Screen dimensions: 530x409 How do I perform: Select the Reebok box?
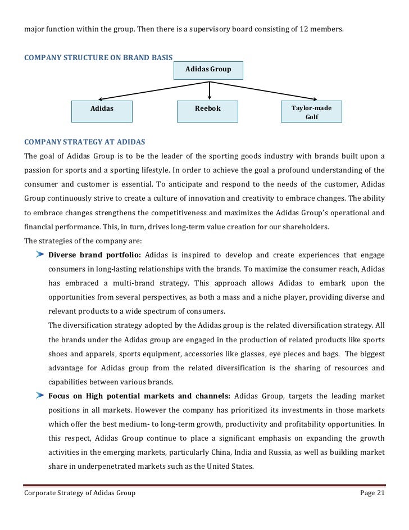coord(207,111)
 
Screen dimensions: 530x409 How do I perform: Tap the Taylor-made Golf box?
coord(311,112)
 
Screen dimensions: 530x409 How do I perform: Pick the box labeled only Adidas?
coord(102,111)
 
